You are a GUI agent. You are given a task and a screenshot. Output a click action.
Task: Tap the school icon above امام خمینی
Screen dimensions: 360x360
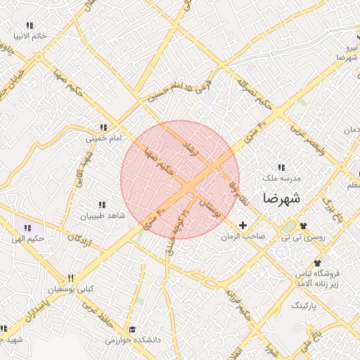pyautogui.click(x=103, y=128)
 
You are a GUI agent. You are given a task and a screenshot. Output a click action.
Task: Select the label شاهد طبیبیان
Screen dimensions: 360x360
pyautogui.click(x=102, y=216)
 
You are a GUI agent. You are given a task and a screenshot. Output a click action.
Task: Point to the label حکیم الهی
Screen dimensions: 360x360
pyautogui.click(x=28, y=239)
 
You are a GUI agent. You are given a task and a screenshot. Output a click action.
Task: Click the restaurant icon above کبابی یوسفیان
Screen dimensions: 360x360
pyautogui.click(x=70, y=278)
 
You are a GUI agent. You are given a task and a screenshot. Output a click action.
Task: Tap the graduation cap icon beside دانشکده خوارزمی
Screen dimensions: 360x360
pyautogui.click(x=131, y=329)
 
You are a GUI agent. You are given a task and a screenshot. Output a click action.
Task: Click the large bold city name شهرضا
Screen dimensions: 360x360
pyautogui.click(x=281, y=198)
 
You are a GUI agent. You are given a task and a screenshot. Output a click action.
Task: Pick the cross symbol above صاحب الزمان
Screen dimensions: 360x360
pyautogui.click(x=243, y=226)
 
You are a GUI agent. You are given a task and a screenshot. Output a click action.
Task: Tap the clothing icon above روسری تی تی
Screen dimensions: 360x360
pyautogui.click(x=304, y=226)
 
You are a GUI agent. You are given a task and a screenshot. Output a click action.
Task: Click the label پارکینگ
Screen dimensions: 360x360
pyautogui.click(x=304, y=307)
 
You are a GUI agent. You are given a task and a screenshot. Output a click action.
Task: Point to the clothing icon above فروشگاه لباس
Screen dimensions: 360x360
pyautogui.click(x=317, y=262)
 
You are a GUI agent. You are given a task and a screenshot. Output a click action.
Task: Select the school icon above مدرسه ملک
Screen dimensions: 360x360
pyautogui.click(x=282, y=167)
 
